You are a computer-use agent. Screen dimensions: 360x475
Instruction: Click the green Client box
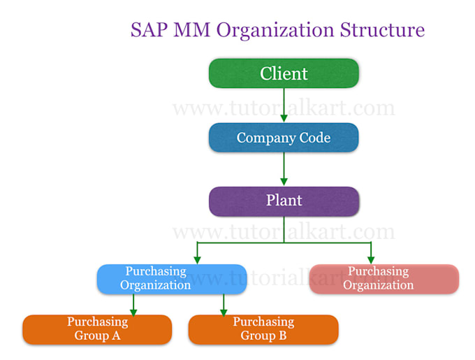284,73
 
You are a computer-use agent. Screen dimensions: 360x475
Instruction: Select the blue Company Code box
284,138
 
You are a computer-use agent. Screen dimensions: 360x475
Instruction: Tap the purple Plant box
284,201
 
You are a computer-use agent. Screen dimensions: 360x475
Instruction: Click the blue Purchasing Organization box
171,278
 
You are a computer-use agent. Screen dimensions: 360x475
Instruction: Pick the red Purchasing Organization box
383,278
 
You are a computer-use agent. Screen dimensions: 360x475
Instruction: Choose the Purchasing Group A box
97,329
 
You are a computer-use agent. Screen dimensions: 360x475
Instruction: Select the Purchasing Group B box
263,329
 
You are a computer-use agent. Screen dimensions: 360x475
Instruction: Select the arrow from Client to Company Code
284,105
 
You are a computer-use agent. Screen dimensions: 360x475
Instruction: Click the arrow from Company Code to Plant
284,169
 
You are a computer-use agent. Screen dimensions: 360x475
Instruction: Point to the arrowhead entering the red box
370,259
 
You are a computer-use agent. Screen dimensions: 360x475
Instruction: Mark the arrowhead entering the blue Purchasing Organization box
198,259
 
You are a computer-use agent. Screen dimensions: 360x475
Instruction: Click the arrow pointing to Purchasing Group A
133,305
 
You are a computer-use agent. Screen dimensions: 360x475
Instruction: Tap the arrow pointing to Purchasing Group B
224,305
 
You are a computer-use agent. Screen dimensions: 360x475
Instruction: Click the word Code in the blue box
312,138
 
